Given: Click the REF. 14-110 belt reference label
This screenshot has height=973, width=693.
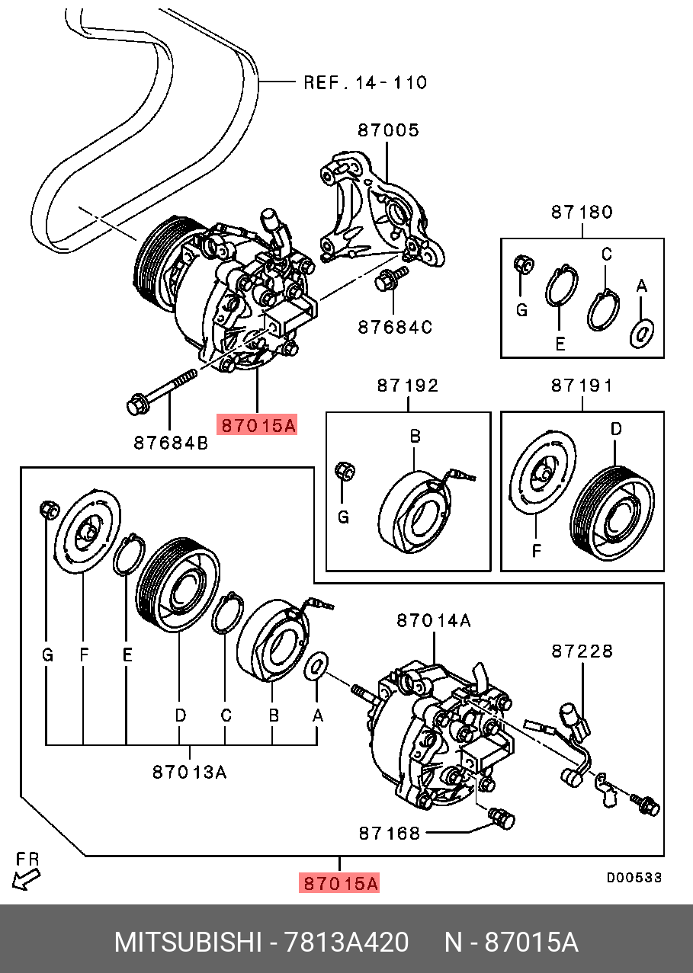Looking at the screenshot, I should click(x=365, y=82).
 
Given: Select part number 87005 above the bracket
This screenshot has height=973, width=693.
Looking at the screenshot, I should click(x=388, y=130).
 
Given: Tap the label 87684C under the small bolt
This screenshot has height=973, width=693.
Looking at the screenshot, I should click(x=395, y=328).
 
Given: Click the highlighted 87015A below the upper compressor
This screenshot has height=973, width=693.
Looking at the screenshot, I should click(x=257, y=425).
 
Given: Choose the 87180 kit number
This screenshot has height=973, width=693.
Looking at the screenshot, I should click(x=582, y=213).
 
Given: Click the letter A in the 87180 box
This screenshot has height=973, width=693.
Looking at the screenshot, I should click(x=642, y=286).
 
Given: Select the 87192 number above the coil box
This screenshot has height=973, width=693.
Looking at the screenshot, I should click(x=408, y=386).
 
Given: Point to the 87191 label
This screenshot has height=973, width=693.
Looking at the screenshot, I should click(x=582, y=386).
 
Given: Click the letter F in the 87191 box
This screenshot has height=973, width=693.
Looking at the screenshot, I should click(x=536, y=549).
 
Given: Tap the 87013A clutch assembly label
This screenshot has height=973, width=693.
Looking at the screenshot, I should click(x=190, y=772).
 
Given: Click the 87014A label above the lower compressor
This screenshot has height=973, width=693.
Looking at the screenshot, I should click(x=433, y=622).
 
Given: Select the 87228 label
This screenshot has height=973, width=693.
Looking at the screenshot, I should click(x=582, y=651).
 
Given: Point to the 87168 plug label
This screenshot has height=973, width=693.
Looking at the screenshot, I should click(x=390, y=833).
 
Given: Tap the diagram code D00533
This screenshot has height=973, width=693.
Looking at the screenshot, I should click(x=634, y=878).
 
